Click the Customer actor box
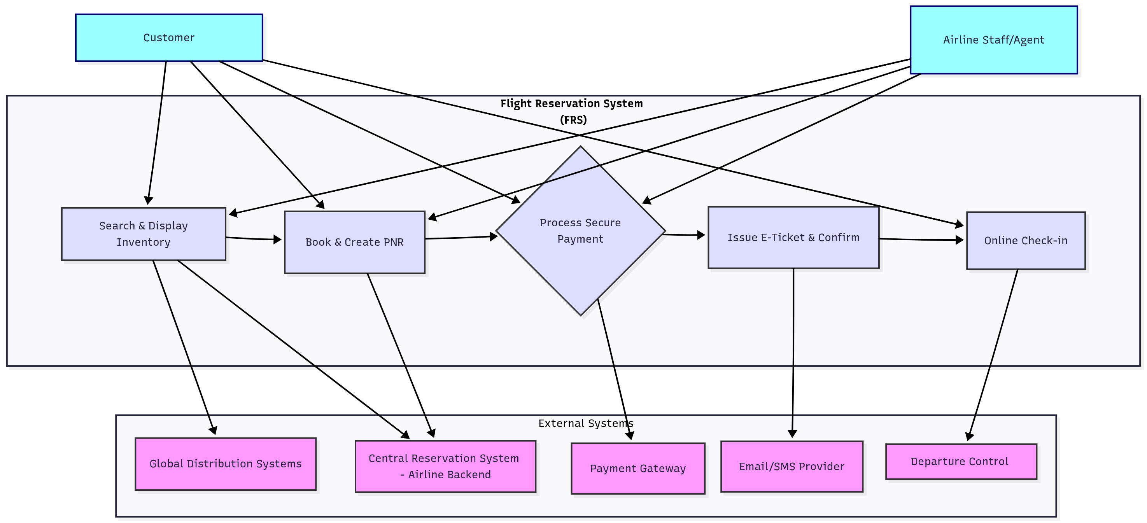coord(169,38)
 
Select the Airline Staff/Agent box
coord(993,40)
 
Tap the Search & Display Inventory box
coord(144,234)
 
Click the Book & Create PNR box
coord(354,242)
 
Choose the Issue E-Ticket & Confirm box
coord(793,238)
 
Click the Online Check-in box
coord(1025,241)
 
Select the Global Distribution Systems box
coord(225,464)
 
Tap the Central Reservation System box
coord(445,467)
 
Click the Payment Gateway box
coord(637,468)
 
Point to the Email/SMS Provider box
coord(791,467)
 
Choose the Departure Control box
coord(961,462)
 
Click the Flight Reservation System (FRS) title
coord(572,111)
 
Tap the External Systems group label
coord(585,423)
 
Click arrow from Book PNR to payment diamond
coord(461,238)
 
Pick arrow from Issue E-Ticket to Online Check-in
coord(922,240)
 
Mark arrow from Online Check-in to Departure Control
coord(993,356)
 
